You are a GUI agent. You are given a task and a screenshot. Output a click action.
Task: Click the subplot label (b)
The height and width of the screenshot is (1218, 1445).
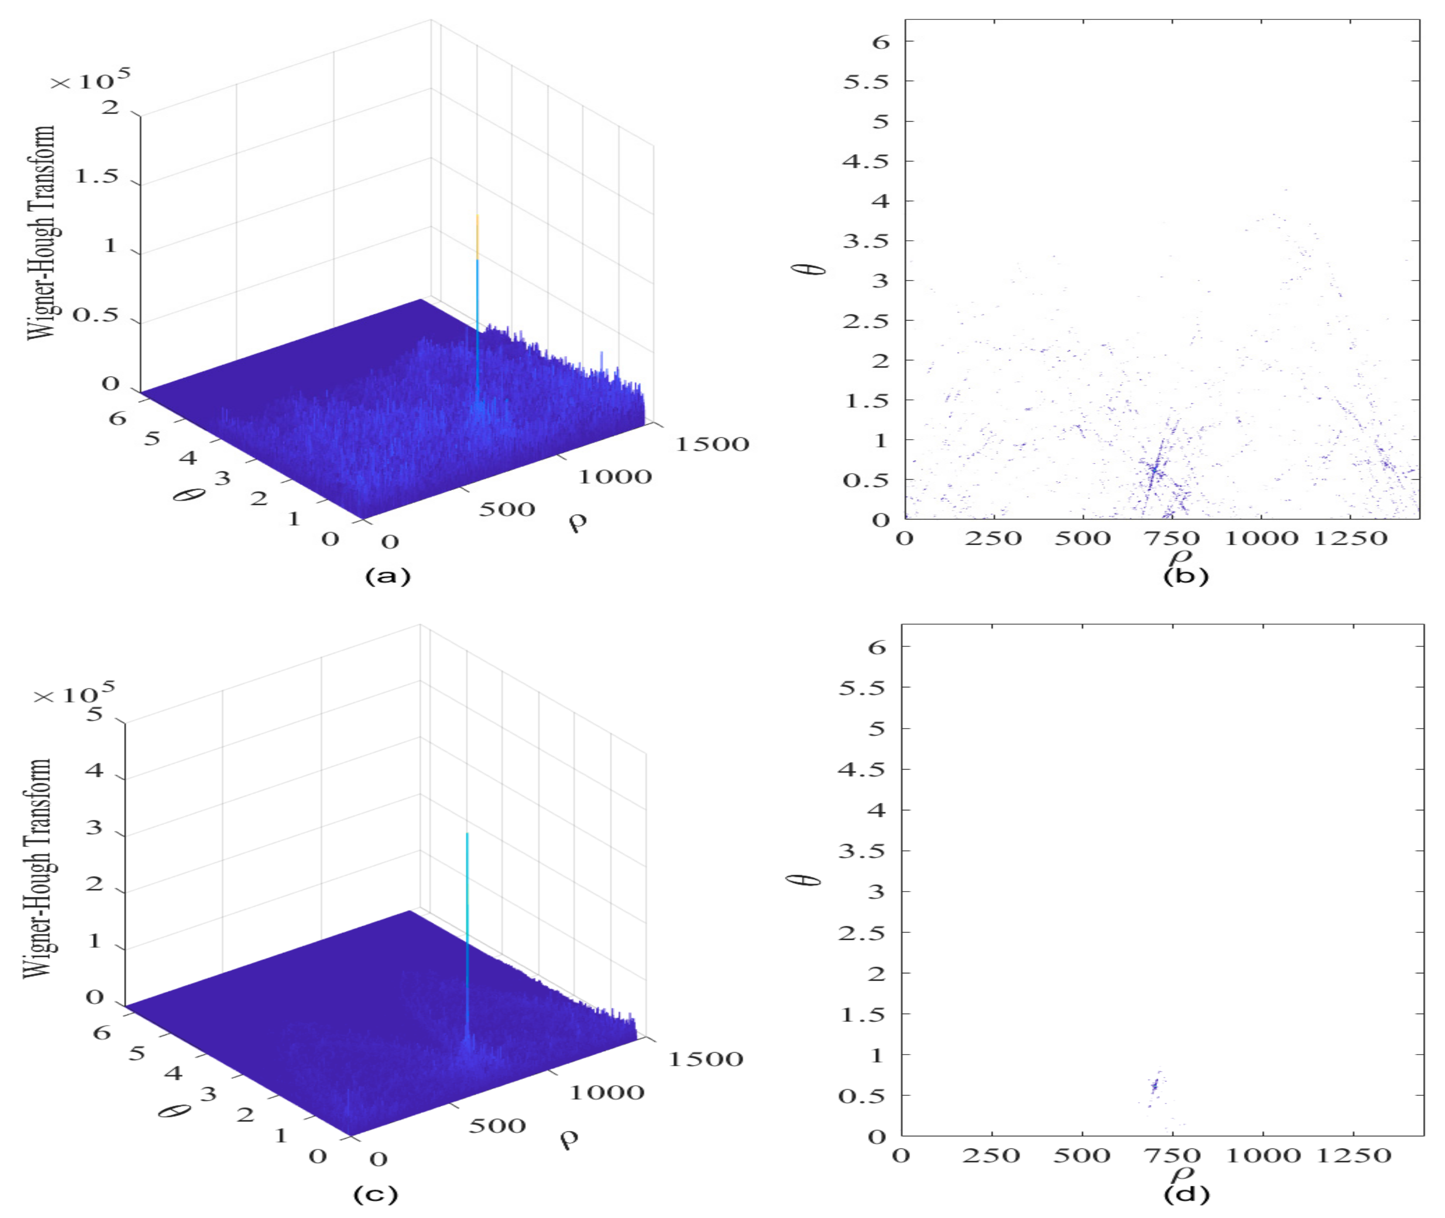click(1185, 575)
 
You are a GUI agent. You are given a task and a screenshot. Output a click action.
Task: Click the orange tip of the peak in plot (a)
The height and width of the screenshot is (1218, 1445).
click(477, 235)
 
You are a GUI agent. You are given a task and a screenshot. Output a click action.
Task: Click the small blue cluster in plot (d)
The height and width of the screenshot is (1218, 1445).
click(1154, 1084)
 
